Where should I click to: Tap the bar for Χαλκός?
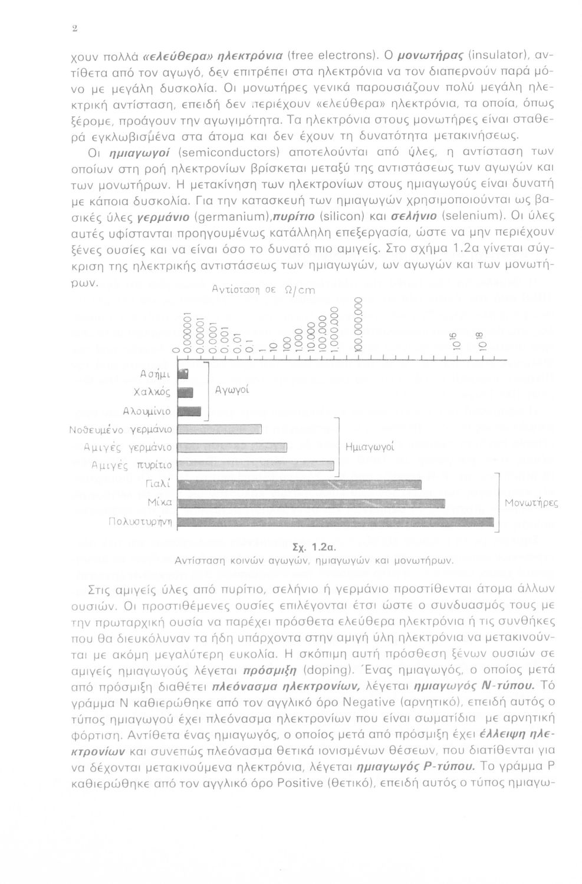pos(186,392)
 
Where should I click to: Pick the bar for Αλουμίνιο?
pos(189,410)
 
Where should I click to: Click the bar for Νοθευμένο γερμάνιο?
pos(219,428)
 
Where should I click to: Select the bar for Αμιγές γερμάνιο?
pos(232,447)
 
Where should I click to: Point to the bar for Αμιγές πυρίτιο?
pos(256,466)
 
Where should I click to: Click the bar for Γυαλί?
pos(300,484)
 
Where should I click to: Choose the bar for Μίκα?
pos(311,503)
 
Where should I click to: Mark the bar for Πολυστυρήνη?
pos(336,521)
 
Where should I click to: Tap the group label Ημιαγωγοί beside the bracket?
pos(369,447)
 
